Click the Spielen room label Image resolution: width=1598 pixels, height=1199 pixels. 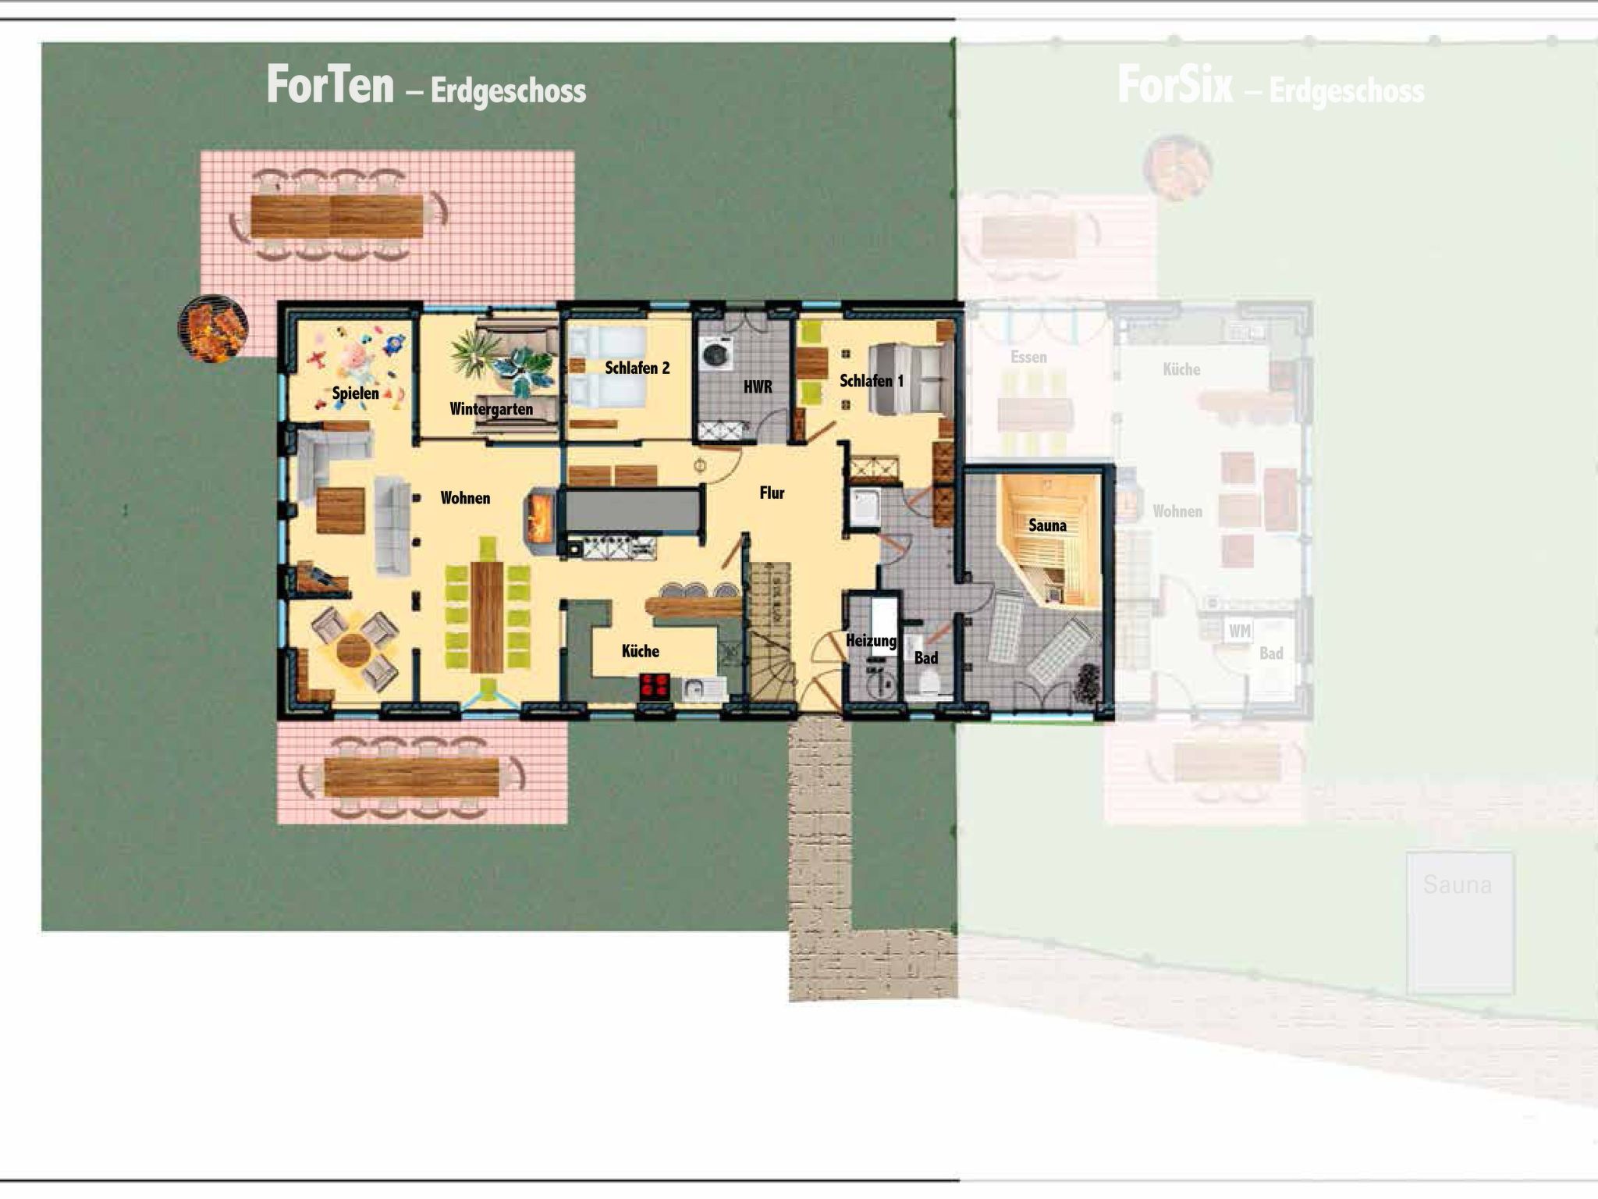click(x=355, y=393)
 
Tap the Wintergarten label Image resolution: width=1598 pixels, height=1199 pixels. click(x=491, y=408)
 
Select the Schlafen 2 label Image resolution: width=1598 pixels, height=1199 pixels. click(x=637, y=368)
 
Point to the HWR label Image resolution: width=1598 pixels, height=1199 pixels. click(x=757, y=386)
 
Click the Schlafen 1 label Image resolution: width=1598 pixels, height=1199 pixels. click(x=871, y=381)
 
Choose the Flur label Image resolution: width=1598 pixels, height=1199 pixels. click(x=772, y=493)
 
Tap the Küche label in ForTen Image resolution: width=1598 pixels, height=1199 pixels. click(x=640, y=651)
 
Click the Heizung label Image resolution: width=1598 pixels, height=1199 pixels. click(x=871, y=641)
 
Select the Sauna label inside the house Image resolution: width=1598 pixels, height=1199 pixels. click(x=1047, y=525)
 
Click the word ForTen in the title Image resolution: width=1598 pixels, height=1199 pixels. click(x=330, y=85)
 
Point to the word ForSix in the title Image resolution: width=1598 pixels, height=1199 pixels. click(x=1174, y=85)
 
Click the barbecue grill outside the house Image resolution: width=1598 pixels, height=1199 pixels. click(x=213, y=329)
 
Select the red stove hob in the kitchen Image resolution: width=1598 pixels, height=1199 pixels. click(x=654, y=686)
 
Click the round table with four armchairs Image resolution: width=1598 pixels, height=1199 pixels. click(x=354, y=649)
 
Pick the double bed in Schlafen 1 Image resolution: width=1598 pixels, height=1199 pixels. click(x=911, y=379)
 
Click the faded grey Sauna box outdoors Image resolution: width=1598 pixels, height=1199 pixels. click(x=1460, y=922)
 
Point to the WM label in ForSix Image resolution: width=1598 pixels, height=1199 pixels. click(x=1239, y=631)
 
